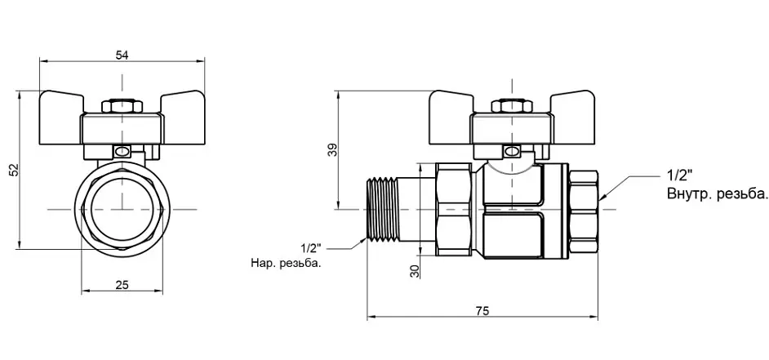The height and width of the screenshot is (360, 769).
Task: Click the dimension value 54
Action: click(122, 55)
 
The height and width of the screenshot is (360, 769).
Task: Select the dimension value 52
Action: click(14, 170)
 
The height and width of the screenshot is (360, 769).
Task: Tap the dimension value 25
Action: click(122, 285)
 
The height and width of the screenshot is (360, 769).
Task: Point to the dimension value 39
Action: click(333, 150)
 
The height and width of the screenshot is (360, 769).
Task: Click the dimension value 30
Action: click(416, 271)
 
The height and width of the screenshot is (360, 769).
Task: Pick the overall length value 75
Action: click(482, 311)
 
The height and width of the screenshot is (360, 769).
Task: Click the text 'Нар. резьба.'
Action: click(286, 264)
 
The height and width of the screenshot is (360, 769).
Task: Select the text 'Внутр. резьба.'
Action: click(717, 193)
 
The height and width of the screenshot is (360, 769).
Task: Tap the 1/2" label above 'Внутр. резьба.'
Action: click(678, 175)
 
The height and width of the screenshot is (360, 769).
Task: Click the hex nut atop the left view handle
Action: click(122, 106)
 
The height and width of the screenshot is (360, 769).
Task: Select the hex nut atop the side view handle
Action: click(512, 106)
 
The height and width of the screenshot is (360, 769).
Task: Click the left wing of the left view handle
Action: click(61, 104)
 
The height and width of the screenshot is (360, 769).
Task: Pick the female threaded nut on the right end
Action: click(584, 210)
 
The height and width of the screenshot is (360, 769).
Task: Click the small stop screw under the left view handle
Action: click(121, 152)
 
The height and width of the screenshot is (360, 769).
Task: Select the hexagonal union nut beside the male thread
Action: click(455, 210)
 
